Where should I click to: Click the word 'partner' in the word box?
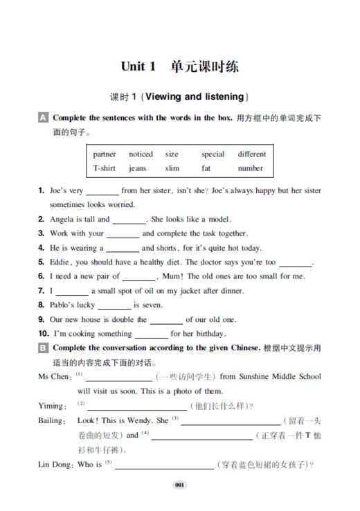click(x=105, y=154)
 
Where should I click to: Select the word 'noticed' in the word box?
click(x=141, y=154)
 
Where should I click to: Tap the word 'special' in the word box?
click(x=213, y=154)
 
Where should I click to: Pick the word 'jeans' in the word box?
click(x=137, y=168)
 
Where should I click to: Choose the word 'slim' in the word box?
click(x=172, y=168)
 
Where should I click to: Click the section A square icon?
click(x=43, y=118)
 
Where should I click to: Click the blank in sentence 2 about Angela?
click(x=129, y=221)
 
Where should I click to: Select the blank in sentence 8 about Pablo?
click(x=114, y=305)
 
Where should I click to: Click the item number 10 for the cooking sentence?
click(x=43, y=334)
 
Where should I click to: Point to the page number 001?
click(x=179, y=485)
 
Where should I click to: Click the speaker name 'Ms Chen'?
click(x=53, y=377)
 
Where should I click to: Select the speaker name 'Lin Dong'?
click(x=54, y=465)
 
